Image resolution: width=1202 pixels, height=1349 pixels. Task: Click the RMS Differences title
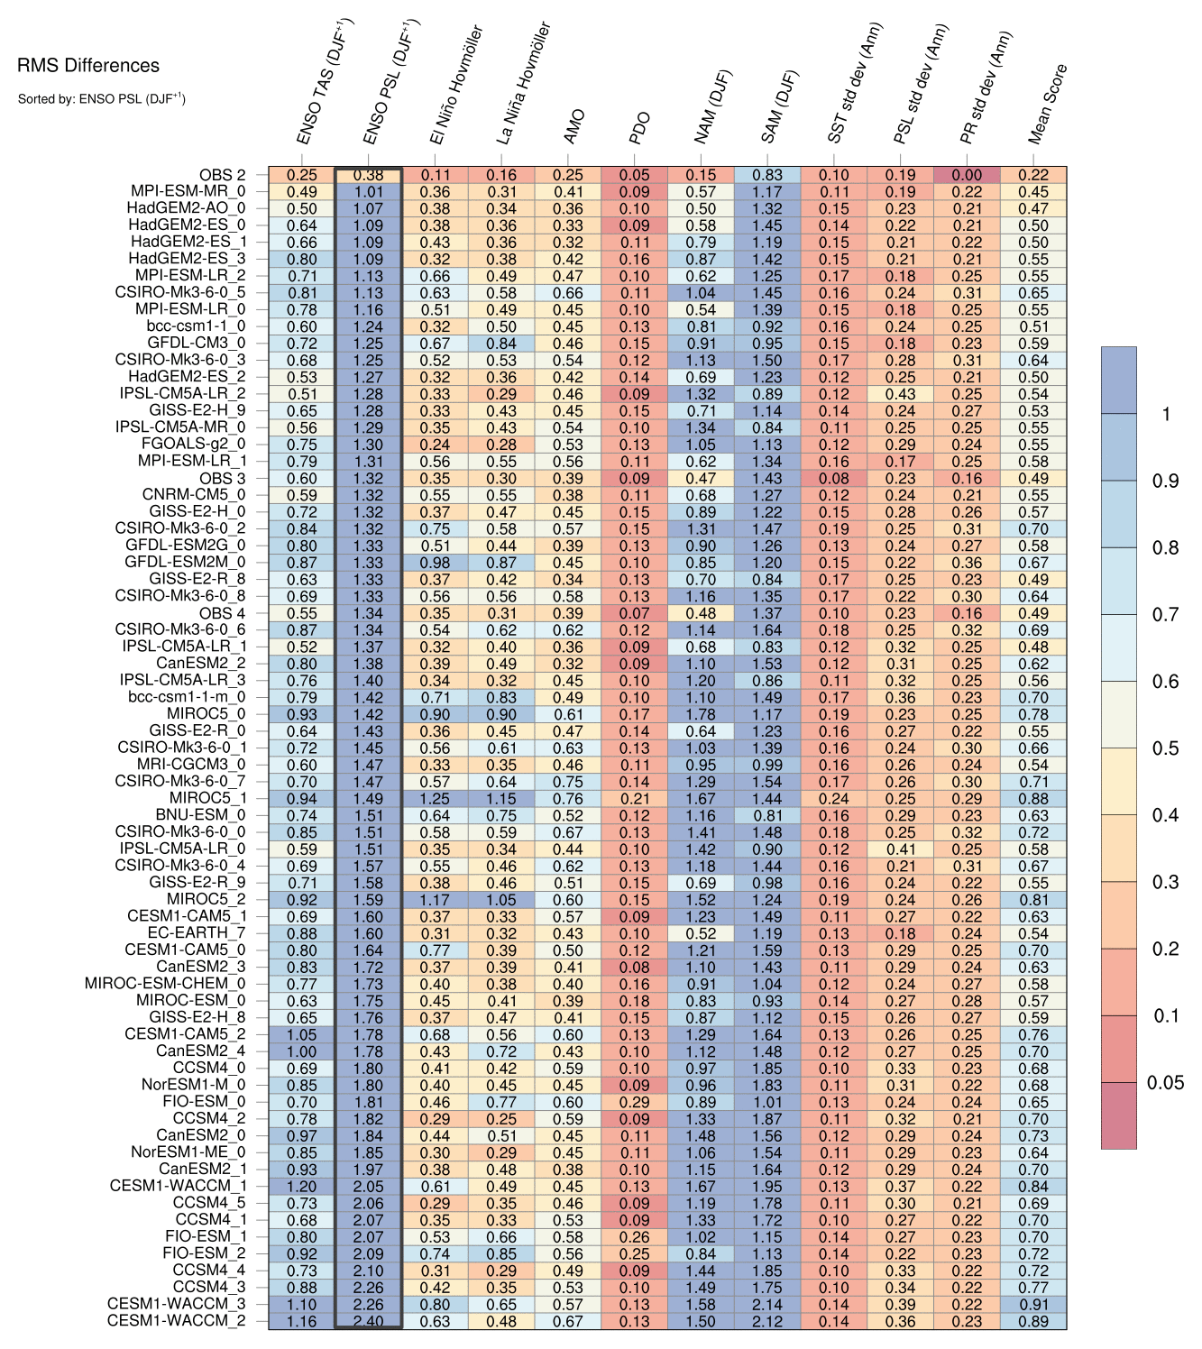tap(88, 66)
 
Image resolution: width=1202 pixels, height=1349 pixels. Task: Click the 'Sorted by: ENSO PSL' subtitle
tap(101, 98)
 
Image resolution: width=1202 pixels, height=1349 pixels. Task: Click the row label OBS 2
tap(222, 175)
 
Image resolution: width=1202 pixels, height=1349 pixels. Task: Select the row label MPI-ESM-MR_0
tap(188, 192)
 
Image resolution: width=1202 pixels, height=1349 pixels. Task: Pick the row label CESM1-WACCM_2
tap(176, 1321)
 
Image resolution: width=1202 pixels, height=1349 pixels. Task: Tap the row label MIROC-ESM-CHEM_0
tap(165, 984)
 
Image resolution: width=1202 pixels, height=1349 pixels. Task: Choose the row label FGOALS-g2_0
tap(193, 445)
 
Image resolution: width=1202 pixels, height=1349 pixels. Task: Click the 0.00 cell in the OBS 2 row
tap(967, 176)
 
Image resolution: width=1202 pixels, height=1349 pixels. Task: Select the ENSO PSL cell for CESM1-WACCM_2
tap(368, 1321)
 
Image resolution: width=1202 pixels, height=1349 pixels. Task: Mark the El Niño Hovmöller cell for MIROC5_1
tap(435, 799)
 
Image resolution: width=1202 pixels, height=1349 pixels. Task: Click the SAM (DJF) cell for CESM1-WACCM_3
tap(767, 1304)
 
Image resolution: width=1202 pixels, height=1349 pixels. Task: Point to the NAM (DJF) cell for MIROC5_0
tap(701, 714)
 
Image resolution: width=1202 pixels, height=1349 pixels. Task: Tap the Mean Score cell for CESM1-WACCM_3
tap(1033, 1304)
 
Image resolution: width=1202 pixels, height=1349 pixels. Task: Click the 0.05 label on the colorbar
tap(1165, 1083)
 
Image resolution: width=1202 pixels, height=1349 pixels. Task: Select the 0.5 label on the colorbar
tap(1165, 748)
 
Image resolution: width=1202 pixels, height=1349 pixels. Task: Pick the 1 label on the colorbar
tap(1166, 414)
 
